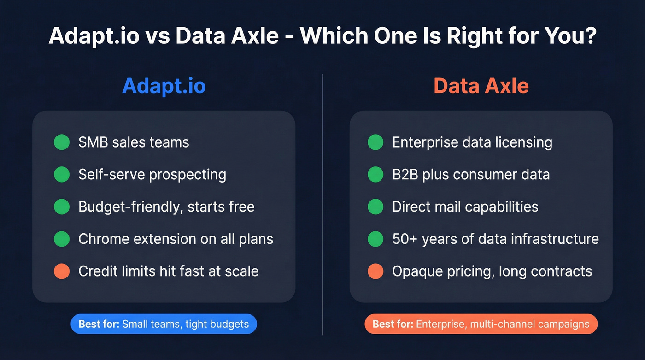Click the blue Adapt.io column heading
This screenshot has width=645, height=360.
point(164,86)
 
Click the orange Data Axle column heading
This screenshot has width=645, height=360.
point(481,86)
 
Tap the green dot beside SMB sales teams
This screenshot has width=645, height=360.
point(62,142)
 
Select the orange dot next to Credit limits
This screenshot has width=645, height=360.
point(62,271)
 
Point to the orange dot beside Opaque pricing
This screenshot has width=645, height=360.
point(375,271)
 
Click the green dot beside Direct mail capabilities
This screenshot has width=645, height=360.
point(375,207)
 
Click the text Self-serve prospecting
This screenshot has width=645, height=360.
point(152,175)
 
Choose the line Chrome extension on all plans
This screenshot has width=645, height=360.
point(176,239)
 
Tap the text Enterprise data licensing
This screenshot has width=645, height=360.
point(472,142)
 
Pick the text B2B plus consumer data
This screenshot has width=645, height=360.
point(470,175)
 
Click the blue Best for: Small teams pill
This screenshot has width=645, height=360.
point(164,324)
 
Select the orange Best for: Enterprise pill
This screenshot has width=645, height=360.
point(481,324)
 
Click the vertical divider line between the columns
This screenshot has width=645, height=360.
point(322,203)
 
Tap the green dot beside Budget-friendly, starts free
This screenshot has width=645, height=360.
point(62,207)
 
